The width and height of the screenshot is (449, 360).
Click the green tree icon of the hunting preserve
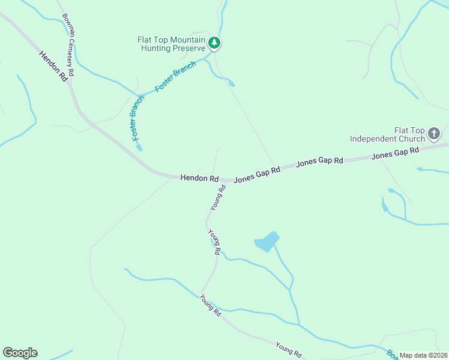point(214,43)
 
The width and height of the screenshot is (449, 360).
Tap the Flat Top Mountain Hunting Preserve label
point(172,44)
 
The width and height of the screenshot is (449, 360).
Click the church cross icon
point(434,133)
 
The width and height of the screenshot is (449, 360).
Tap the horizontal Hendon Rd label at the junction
point(199,178)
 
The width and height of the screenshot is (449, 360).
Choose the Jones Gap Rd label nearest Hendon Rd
point(257,175)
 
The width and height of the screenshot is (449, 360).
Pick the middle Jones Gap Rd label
point(319,161)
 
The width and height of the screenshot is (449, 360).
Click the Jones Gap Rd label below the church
point(394,154)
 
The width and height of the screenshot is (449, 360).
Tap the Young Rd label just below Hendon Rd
point(218,197)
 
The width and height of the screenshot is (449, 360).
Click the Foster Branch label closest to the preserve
point(175,76)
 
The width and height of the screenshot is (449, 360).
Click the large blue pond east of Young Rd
point(267,241)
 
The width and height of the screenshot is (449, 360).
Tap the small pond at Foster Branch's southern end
point(139,147)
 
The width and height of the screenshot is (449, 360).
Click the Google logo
point(20,353)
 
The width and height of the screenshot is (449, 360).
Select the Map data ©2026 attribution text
point(423,355)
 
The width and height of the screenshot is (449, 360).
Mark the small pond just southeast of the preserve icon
point(231,84)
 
